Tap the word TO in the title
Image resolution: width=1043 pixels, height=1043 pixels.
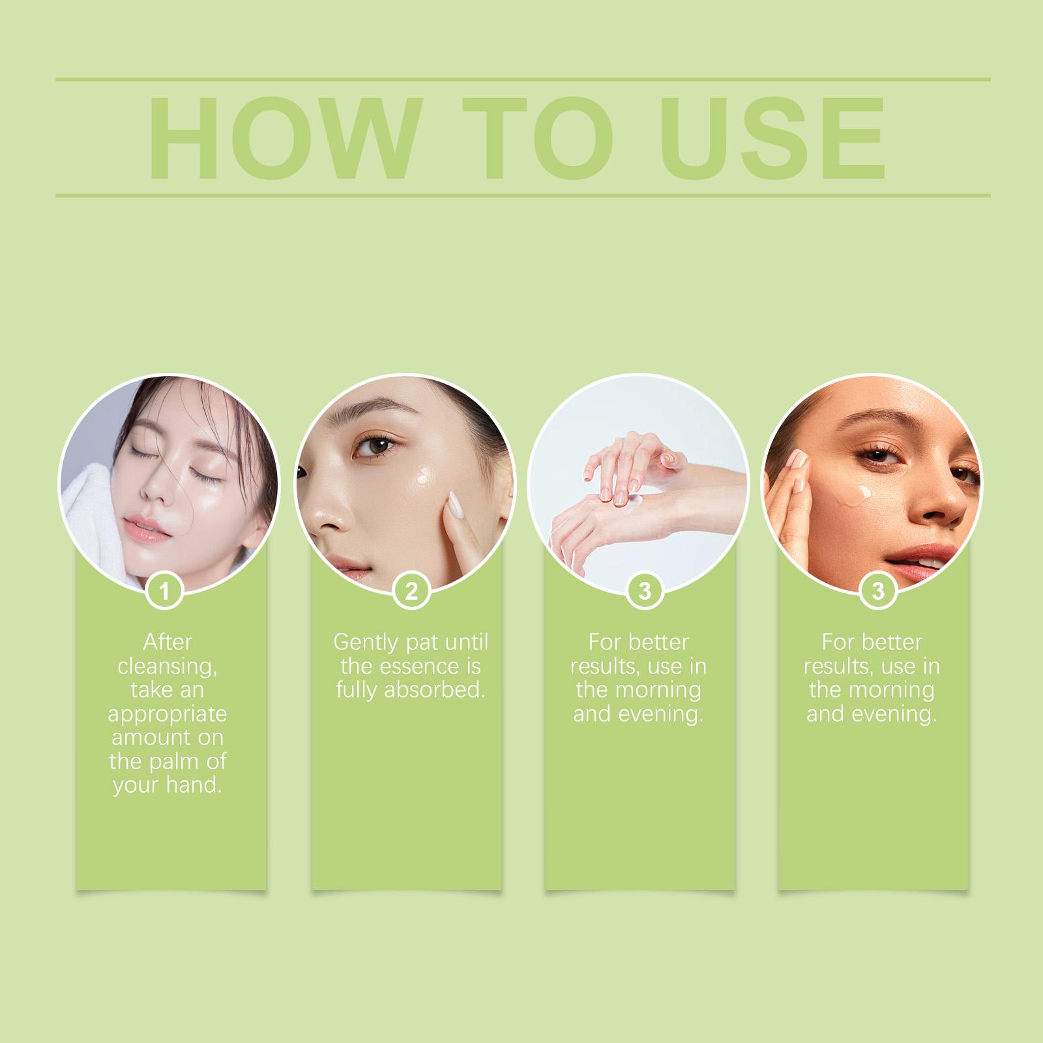(540, 138)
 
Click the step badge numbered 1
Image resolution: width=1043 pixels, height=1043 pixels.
(164, 592)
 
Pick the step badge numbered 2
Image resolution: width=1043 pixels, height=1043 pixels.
(411, 592)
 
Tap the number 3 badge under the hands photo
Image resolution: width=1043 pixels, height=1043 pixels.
(644, 592)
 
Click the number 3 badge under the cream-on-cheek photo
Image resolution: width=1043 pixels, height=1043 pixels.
(877, 592)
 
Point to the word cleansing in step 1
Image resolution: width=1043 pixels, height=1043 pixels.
(167, 667)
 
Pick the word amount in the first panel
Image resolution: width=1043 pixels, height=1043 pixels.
(168, 738)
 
